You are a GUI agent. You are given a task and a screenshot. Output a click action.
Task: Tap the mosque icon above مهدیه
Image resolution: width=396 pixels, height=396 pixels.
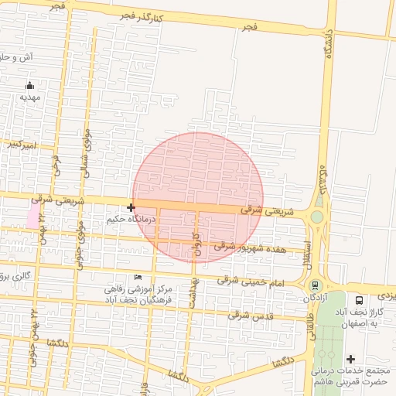[x=29, y=85]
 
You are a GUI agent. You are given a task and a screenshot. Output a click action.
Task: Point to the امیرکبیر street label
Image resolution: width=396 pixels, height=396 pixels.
[x=18, y=145]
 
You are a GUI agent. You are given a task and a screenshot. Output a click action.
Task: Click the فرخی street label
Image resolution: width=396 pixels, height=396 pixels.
[x=56, y=163]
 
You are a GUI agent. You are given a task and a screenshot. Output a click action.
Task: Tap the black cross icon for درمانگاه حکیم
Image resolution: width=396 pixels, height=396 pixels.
[x=131, y=207]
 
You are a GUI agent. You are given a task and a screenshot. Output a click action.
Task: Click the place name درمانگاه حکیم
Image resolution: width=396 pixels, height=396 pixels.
[x=131, y=220]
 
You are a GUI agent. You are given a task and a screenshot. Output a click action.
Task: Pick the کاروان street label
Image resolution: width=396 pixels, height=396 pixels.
[x=196, y=243]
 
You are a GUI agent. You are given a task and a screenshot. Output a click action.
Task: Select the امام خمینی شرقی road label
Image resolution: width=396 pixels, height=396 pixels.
[x=251, y=281]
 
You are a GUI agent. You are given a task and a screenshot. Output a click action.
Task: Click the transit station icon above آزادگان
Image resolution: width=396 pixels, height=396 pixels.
[x=314, y=285]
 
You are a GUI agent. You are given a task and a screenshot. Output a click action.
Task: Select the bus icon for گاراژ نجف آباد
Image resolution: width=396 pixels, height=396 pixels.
[x=358, y=300]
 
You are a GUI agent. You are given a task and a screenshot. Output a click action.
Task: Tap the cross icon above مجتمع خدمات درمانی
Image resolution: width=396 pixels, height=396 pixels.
[x=351, y=359]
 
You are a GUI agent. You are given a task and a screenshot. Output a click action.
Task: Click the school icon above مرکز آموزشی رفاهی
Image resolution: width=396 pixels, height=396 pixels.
[x=138, y=278]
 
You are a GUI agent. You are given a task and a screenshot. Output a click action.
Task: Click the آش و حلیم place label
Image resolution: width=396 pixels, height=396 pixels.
[x=16, y=56]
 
